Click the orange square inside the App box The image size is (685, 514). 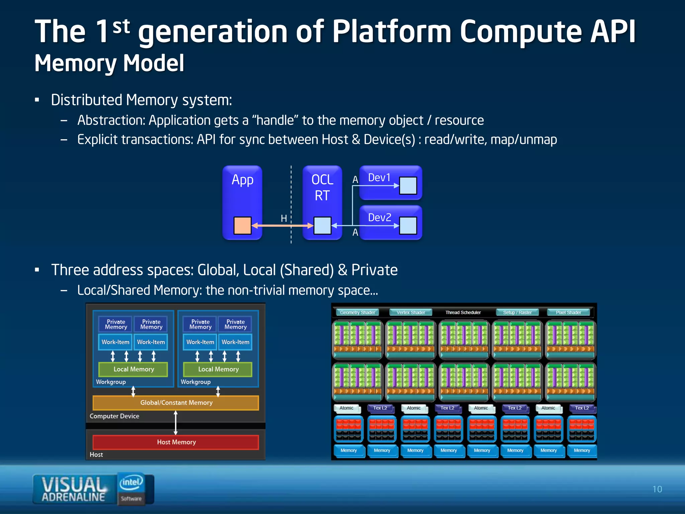242,226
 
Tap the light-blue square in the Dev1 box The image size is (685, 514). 408,186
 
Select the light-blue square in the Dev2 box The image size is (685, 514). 408,226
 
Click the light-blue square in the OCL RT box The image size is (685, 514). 322,226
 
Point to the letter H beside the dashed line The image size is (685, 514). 284,219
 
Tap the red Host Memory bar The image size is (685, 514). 176,442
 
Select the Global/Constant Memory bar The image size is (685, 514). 176,403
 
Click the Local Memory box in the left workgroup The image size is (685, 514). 133,369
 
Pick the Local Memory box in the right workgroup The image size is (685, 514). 218,369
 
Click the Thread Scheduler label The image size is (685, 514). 463,313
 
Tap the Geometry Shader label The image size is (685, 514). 357,313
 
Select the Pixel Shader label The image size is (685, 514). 568,313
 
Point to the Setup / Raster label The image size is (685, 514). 517,313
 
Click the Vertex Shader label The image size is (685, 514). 411,313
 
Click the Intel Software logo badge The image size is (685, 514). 131,489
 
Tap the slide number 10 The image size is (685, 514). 657,489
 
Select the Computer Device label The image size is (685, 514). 114,416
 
